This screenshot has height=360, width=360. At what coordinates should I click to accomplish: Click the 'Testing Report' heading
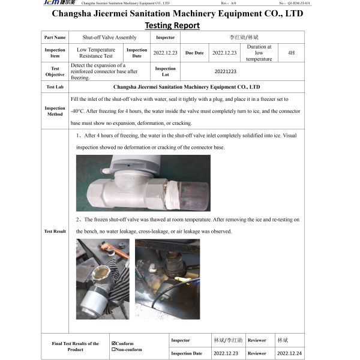click(172, 25)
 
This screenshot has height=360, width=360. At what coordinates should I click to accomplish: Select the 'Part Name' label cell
click(55, 38)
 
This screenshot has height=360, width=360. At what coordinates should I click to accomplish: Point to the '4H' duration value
click(291, 53)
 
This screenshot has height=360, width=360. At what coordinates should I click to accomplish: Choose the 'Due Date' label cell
click(195, 53)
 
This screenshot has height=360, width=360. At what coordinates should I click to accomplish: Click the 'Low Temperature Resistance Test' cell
click(96, 53)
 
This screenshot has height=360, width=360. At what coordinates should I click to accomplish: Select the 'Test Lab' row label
click(55, 87)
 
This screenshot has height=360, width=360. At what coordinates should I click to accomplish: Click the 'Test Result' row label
click(55, 231)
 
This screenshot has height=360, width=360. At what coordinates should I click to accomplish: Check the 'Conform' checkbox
click(113, 343)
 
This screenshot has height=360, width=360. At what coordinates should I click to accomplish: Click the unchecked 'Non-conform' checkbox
click(113, 349)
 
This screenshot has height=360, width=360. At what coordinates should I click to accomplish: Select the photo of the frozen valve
click(143, 183)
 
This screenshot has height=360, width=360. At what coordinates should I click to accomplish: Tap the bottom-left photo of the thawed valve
click(103, 280)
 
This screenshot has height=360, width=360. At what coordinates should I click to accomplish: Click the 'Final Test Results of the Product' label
click(75, 346)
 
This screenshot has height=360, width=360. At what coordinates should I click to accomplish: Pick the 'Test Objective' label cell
click(55, 71)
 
